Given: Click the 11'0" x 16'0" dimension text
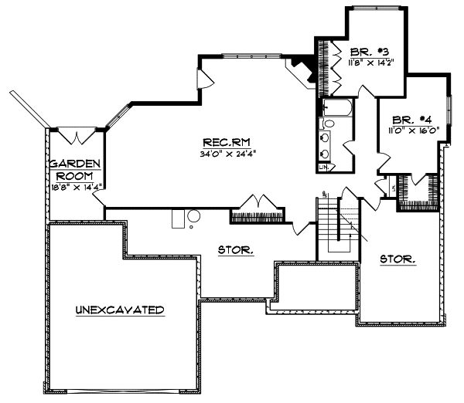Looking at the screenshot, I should coord(414,130).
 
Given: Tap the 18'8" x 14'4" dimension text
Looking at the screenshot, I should coord(75,186).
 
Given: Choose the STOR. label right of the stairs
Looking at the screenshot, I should coord(397,259).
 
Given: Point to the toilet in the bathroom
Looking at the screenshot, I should coord(329,123).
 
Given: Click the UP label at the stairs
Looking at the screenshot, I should coord(326,192).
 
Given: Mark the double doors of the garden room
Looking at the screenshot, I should coord(77,136).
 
